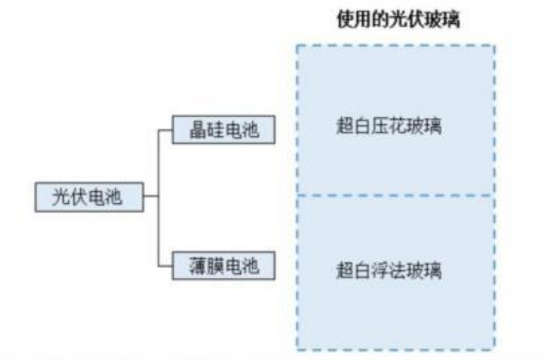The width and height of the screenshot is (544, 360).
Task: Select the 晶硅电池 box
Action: point(223,130)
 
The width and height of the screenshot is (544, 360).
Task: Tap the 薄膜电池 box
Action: point(223,264)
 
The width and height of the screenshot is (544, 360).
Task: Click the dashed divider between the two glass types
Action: point(395,196)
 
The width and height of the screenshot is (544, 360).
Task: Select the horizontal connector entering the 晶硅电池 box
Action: point(166,130)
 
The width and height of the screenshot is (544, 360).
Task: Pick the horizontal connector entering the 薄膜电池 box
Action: point(166,264)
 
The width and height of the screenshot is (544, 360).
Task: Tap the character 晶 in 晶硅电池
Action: point(196,130)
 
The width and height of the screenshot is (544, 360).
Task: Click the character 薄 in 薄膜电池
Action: point(196,264)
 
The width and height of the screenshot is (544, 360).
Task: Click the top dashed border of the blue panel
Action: point(395,45)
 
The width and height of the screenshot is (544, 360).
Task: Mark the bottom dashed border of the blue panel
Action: point(395,350)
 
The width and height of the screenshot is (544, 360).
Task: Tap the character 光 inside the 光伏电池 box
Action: point(61,196)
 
